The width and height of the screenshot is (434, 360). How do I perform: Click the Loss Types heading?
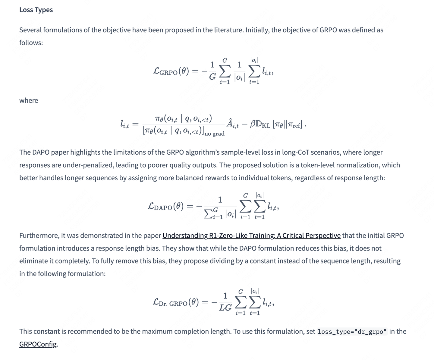[36, 10]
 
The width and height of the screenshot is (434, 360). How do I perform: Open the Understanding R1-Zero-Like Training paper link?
[251, 235]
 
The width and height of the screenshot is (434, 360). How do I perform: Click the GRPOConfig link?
[38, 344]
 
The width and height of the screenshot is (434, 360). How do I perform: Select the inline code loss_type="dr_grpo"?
[352, 332]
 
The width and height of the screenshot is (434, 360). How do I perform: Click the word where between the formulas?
[29, 100]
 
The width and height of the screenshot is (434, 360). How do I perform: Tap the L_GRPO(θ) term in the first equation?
[171, 71]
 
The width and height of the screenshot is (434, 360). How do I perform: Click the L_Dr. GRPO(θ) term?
[176, 302]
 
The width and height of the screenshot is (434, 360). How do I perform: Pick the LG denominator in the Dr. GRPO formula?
[225, 308]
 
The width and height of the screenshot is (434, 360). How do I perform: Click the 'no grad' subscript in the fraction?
[214, 134]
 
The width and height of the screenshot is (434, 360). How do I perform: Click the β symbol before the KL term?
[253, 124]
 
